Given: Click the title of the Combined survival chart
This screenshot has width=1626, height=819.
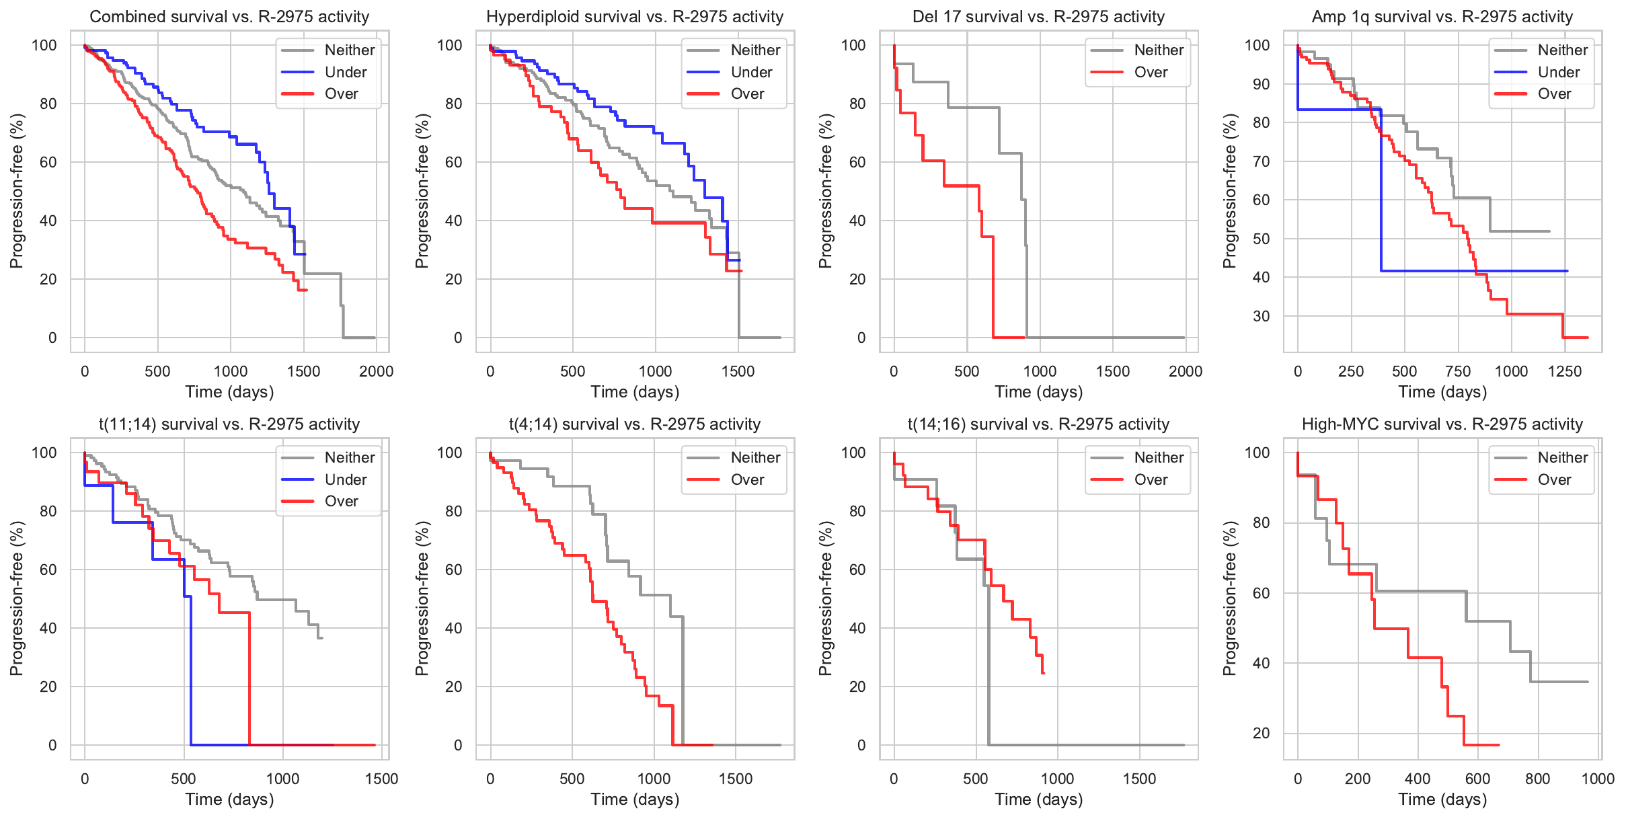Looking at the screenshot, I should pos(229,17).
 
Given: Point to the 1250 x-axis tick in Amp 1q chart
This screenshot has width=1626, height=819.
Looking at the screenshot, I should pos(1564,371).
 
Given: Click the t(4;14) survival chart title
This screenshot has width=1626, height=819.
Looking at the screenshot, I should pos(634,424).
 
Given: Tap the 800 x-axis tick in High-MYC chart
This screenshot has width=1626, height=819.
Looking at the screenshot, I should pos(1537,779).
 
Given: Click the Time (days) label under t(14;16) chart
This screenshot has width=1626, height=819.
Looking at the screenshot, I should pos(1038,799).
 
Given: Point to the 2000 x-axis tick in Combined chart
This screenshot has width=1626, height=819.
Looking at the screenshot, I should pos(376,371).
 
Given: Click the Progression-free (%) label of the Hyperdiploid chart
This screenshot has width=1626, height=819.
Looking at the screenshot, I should pos(422,191).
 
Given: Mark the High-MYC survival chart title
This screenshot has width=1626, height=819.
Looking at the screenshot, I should pos(1442,424).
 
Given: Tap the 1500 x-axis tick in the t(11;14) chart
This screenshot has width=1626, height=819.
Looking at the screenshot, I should pos(381,779).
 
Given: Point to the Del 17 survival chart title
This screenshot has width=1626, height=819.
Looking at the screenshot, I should pos(1038,17).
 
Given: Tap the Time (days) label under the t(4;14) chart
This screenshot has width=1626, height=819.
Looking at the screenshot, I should pos(634,799).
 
